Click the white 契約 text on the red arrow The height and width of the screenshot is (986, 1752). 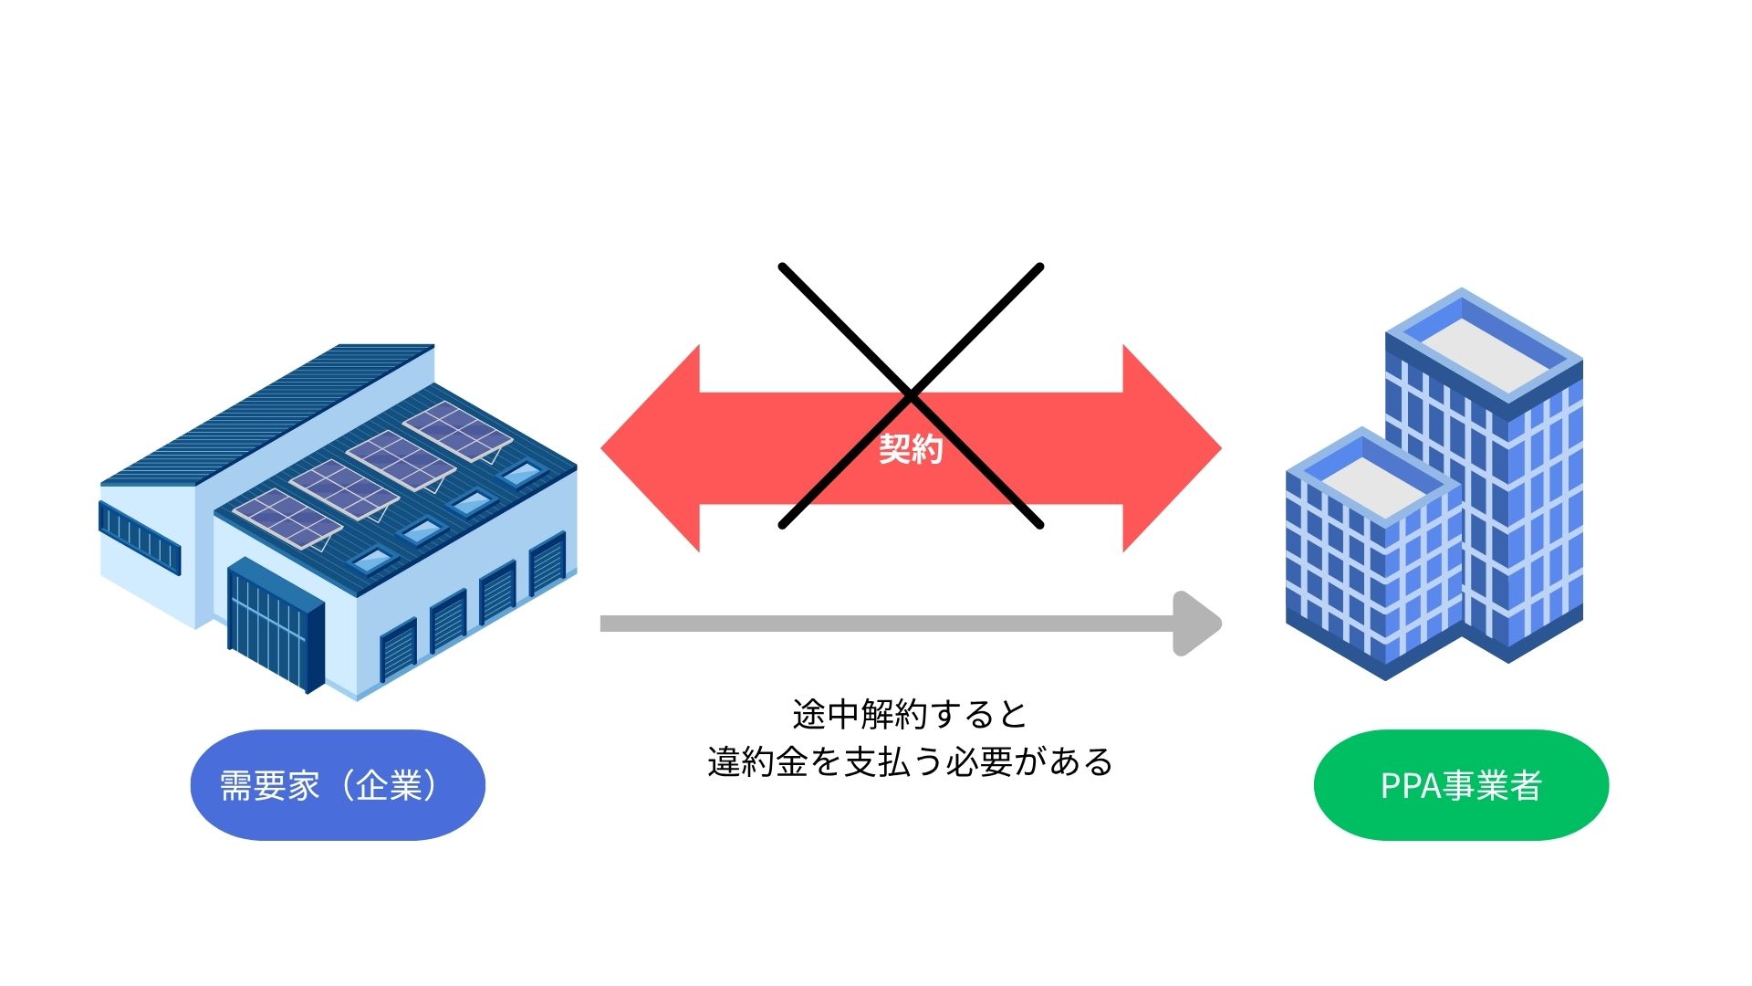click(x=910, y=448)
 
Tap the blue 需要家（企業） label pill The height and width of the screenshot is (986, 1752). click(x=338, y=785)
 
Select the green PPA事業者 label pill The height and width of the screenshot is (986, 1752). click(x=1461, y=785)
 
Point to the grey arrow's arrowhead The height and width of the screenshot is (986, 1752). click(x=1197, y=624)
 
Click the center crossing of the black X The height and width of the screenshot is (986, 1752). click(x=911, y=395)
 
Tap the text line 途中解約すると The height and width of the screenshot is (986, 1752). click(x=910, y=714)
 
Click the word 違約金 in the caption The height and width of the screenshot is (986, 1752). click(x=757, y=761)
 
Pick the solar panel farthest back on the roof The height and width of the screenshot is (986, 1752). click(x=456, y=429)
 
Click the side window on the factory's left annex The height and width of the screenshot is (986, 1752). click(x=140, y=533)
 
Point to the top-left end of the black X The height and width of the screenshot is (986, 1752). click(x=783, y=267)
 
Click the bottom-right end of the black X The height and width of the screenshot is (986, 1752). click(x=1038, y=524)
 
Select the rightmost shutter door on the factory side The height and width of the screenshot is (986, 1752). click(x=547, y=564)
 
